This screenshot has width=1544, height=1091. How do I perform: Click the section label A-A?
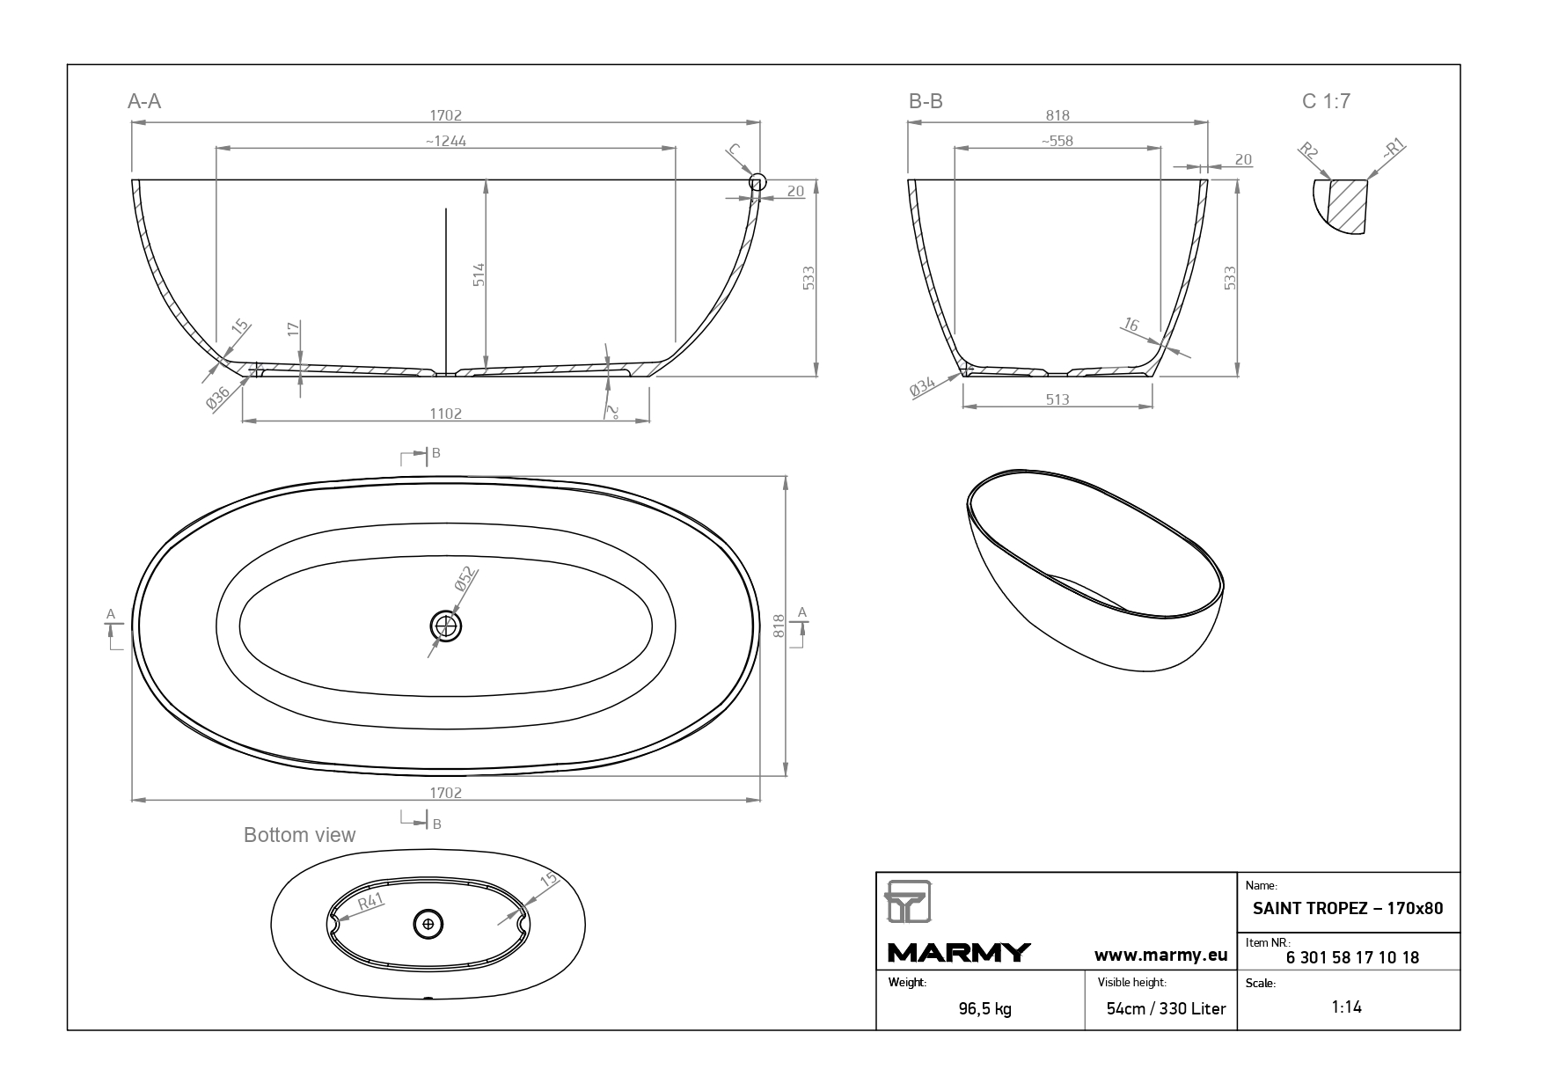point(144,101)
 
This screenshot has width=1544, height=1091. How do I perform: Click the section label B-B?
point(926,101)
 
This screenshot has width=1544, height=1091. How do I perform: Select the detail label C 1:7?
point(1326,101)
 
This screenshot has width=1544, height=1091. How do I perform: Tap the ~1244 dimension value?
point(445,141)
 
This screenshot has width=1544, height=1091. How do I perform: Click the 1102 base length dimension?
point(446,414)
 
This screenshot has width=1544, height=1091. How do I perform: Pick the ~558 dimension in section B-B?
point(1057,141)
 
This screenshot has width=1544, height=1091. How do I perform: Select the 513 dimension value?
point(1057,399)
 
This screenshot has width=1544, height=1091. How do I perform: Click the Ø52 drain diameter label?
point(465,579)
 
